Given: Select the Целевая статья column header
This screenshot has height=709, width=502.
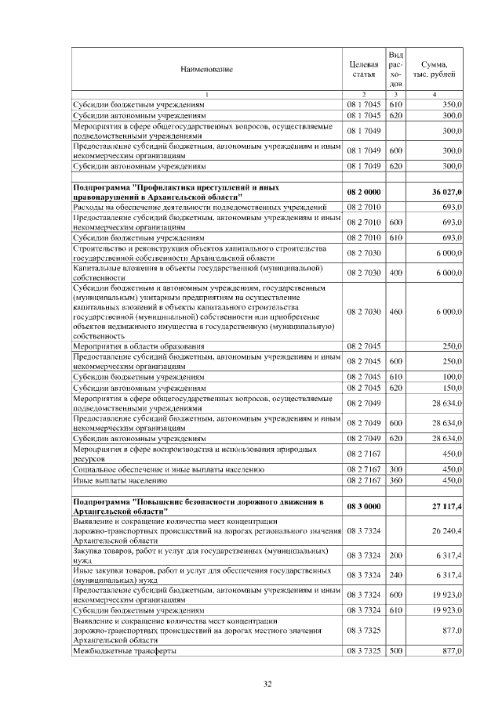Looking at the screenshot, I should tap(363, 69).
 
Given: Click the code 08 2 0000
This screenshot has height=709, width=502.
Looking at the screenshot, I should tap(363, 193).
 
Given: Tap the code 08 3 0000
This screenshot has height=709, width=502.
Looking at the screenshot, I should tap(363, 506).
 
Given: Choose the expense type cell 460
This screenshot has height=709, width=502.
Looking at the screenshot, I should tap(395, 312).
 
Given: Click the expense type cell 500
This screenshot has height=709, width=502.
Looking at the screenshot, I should tap(395, 651).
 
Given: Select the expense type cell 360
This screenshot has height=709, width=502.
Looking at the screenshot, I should tap(395, 479).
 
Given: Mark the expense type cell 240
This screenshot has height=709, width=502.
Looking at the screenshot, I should tap(395, 575).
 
